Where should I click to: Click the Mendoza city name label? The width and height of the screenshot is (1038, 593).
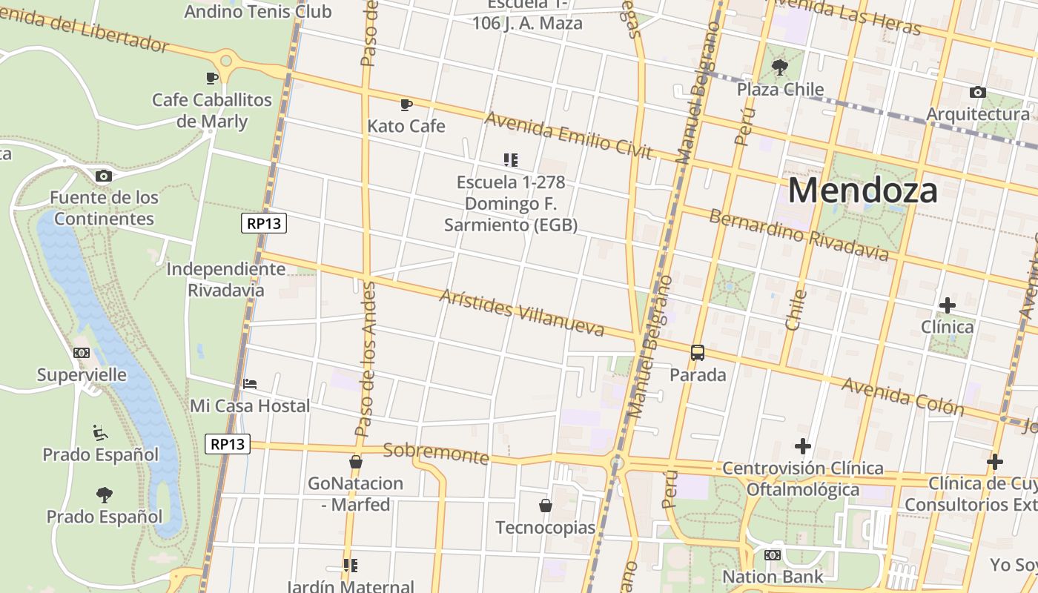pos(862,191)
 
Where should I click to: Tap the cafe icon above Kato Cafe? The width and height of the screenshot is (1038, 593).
pos(406,105)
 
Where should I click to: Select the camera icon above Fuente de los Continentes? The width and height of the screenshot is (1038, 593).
pos(104,176)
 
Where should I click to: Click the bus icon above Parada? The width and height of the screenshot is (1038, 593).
pos(698,353)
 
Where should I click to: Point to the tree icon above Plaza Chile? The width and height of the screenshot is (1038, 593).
pos(780,68)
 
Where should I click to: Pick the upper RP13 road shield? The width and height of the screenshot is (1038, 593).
pos(264,223)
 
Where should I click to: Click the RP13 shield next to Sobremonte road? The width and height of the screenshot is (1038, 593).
pos(228,444)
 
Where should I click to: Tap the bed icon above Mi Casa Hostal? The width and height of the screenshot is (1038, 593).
pos(250,384)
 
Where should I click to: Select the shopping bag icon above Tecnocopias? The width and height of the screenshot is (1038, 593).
pos(546,506)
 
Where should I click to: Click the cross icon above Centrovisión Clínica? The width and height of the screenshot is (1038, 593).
pos(802,446)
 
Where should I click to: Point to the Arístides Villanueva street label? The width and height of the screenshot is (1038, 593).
pos(521,312)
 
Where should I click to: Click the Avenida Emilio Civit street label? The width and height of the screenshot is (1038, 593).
pos(568,136)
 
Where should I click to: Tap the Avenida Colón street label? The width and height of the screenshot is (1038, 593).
pos(902,397)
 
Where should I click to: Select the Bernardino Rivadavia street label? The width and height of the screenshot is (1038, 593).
pos(798,235)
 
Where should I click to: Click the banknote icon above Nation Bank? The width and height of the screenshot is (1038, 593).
pos(773,554)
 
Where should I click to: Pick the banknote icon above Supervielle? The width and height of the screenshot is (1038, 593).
pos(82,353)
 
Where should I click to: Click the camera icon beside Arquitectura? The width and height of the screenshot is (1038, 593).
pos(978,93)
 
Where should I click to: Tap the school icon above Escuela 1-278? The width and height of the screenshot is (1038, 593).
pos(510,159)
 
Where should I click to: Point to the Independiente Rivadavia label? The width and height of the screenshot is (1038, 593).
pos(225,279)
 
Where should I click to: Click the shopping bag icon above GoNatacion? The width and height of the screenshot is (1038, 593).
pos(356,462)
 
